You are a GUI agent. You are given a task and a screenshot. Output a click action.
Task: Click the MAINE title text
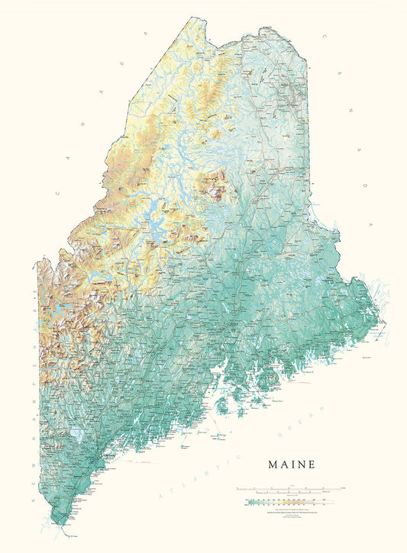[x=291, y=463]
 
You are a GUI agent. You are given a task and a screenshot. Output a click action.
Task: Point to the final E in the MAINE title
[x=311, y=463]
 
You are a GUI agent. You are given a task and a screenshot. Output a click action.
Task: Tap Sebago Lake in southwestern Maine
[x=76, y=435]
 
